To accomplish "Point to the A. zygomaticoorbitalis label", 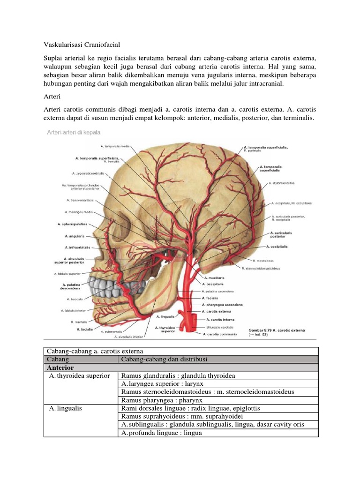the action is (x=88, y=173).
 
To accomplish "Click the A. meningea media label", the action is (x=81, y=212).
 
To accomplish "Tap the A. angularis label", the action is (x=74, y=236).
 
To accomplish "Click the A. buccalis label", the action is (x=75, y=299).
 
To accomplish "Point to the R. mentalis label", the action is (x=79, y=322).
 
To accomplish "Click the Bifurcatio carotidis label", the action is (x=219, y=327).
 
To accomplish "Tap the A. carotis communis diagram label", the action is (x=219, y=334).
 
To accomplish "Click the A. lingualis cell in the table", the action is (x=65, y=408).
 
